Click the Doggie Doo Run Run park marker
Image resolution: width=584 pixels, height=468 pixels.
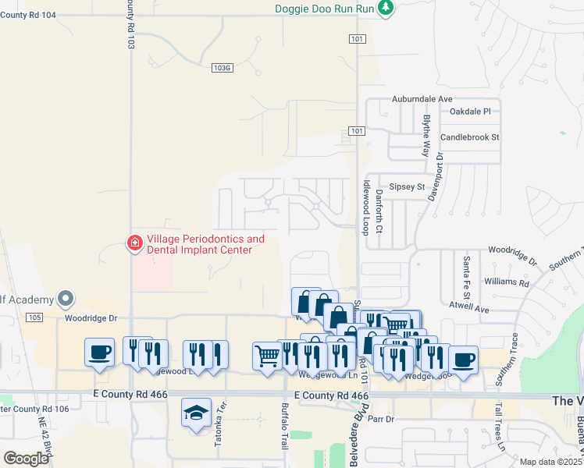386,9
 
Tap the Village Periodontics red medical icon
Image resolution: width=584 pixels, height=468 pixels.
134,244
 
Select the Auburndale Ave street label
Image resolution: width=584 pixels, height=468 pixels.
422,100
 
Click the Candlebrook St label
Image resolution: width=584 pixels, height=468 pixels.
469,137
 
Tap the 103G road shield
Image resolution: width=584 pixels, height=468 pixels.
223,68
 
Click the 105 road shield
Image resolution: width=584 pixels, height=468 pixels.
33,317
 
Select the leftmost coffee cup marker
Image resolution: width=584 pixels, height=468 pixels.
100,352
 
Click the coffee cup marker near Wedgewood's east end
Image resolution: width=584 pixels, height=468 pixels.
463,360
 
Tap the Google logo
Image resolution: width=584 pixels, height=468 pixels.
26,459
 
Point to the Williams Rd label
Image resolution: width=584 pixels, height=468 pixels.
506,282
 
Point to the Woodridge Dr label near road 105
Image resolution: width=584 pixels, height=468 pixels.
90,318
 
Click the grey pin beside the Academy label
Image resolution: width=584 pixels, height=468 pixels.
66,299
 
